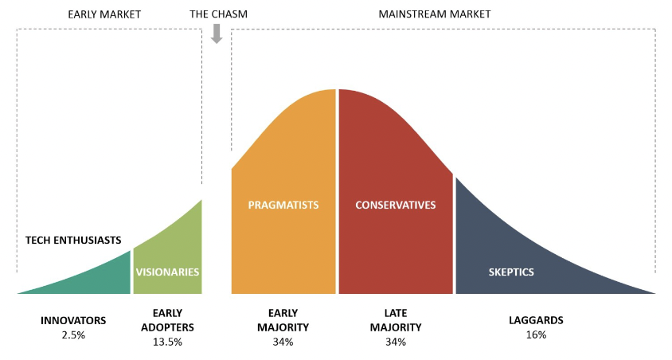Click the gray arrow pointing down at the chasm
(216, 33)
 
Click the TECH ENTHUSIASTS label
(73, 239)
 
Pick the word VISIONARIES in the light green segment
(167, 272)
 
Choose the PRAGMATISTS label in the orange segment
(283, 205)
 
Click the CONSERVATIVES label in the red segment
(396, 205)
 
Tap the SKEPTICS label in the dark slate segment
(511, 272)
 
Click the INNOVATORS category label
(73, 320)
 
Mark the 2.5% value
(73, 335)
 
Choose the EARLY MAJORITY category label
(283, 320)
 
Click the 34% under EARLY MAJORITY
(283, 342)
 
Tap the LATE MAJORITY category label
(396, 320)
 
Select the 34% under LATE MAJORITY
(396, 342)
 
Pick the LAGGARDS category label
(536, 320)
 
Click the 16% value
(536, 335)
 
